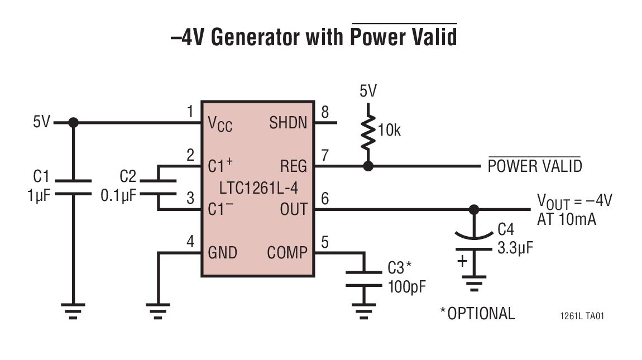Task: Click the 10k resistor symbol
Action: (367, 132)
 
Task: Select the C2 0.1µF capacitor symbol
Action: (159, 188)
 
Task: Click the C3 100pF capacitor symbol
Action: (364, 279)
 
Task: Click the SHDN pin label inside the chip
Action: (288, 122)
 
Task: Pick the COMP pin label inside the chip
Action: (287, 253)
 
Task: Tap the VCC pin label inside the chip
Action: (220, 123)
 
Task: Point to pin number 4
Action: (190, 242)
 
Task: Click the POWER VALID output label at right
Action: (534, 166)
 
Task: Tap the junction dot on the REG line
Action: (367, 166)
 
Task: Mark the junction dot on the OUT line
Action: (474, 209)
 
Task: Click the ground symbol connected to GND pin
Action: (158, 310)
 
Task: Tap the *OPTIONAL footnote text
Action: (477, 313)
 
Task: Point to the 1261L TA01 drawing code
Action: (582, 316)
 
